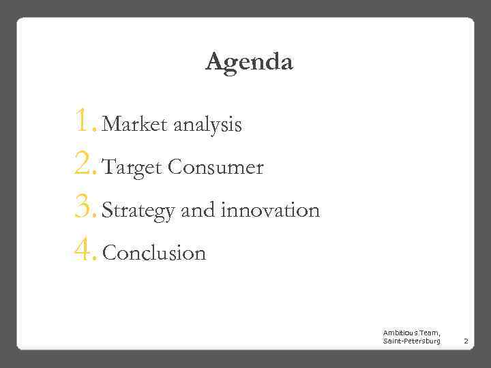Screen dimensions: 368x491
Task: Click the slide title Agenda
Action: [249, 63]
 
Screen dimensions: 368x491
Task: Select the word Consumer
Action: [215, 168]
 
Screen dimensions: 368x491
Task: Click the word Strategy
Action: [138, 211]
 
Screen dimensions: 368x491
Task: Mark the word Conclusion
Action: [154, 254]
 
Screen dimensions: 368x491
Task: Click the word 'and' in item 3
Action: [198, 211]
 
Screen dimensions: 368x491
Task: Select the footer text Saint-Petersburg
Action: [411, 340]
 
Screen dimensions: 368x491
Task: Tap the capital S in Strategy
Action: [107, 211]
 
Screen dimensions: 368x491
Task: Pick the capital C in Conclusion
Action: [110, 254]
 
